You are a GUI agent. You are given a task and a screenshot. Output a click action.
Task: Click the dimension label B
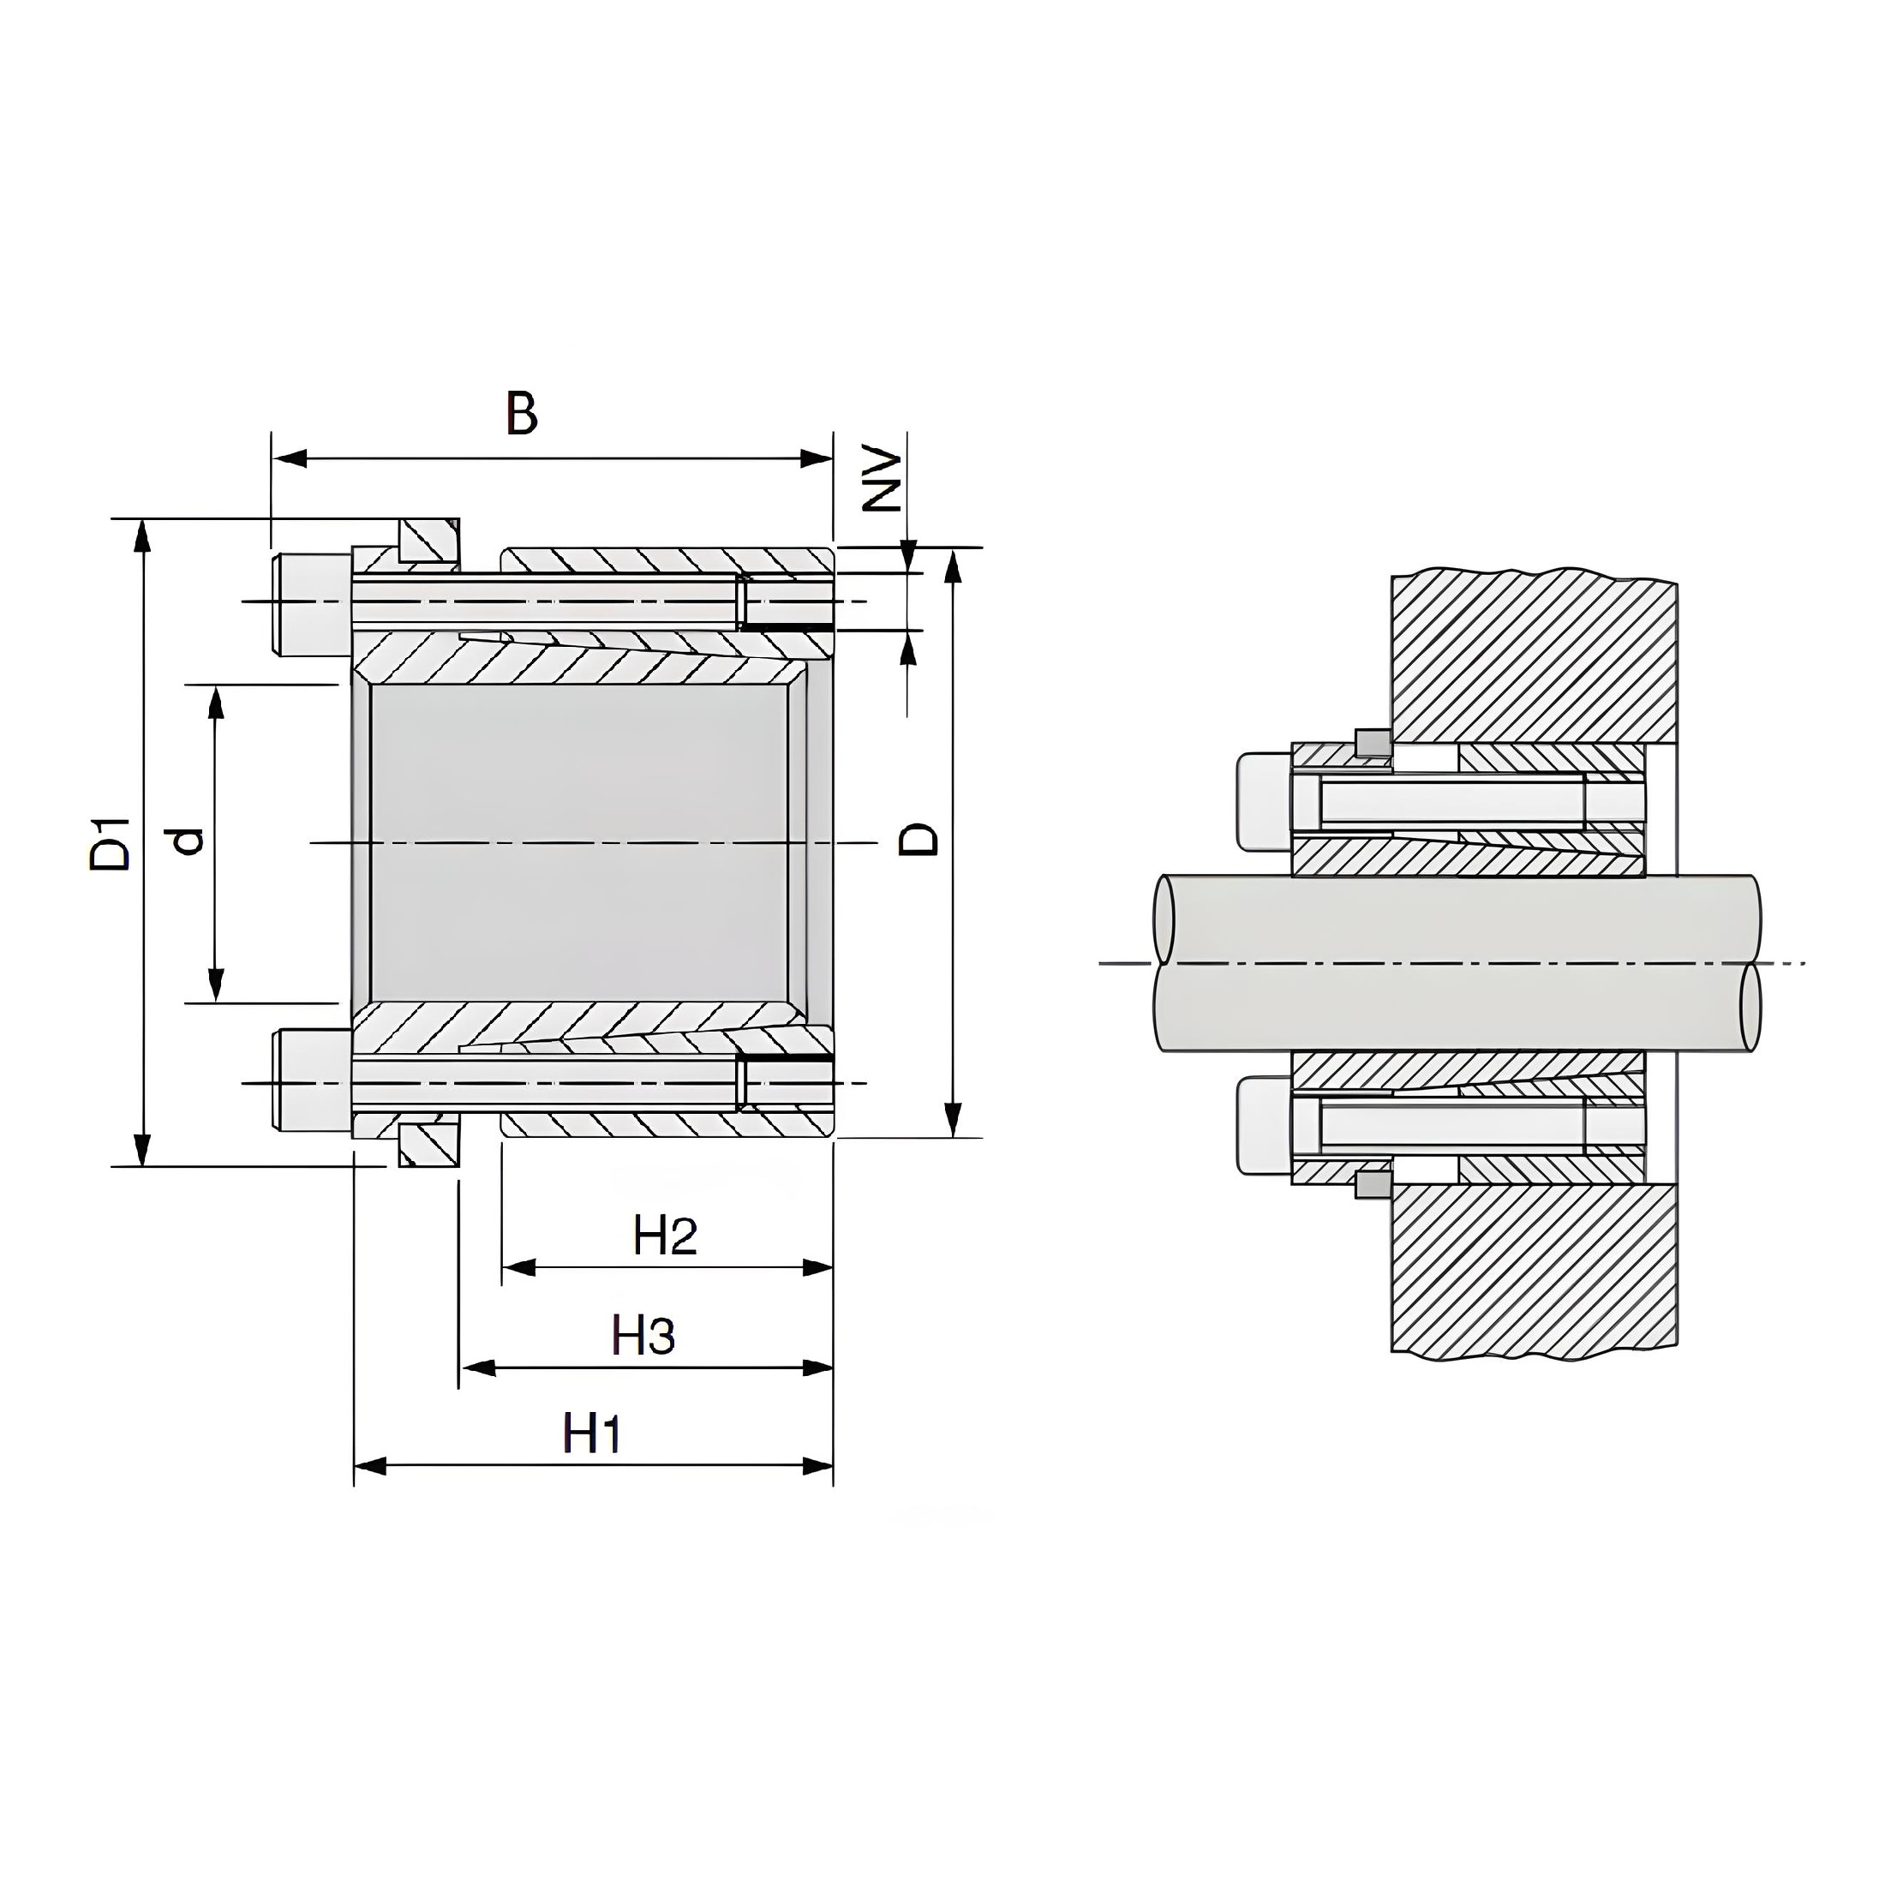pyautogui.click(x=522, y=413)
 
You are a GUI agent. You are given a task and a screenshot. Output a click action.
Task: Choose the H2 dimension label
pyautogui.click(x=666, y=1236)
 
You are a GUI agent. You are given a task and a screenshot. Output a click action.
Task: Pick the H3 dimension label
pyautogui.click(x=643, y=1336)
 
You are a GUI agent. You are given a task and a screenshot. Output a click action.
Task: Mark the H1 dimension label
pyautogui.click(x=592, y=1435)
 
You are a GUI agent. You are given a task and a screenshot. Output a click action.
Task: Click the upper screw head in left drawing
pyautogui.click(x=311, y=604)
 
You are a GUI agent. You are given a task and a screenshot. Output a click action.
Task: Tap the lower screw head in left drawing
pyautogui.click(x=311, y=1080)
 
